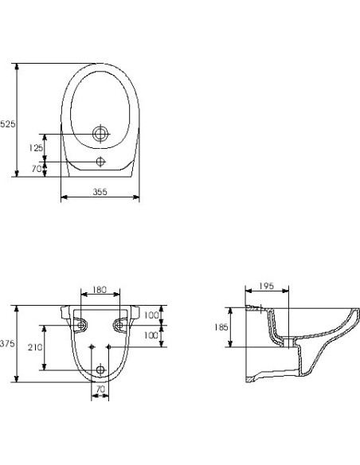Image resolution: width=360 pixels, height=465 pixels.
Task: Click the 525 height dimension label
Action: point(7,124)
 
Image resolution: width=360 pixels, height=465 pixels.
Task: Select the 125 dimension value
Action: point(36,147)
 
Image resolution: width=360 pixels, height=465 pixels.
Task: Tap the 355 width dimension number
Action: point(100,192)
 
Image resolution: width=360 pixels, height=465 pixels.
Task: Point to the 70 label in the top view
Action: point(36,169)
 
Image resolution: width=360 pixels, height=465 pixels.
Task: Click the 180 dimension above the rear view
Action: point(100,290)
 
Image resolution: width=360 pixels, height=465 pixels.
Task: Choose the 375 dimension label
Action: point(7,344)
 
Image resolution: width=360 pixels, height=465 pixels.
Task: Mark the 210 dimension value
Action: point(35,347)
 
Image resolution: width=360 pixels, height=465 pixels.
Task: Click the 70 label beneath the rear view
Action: point(100,389)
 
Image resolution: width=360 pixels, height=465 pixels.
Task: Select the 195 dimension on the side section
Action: point(266,286)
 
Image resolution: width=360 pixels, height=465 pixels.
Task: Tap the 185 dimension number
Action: point(221,327)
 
